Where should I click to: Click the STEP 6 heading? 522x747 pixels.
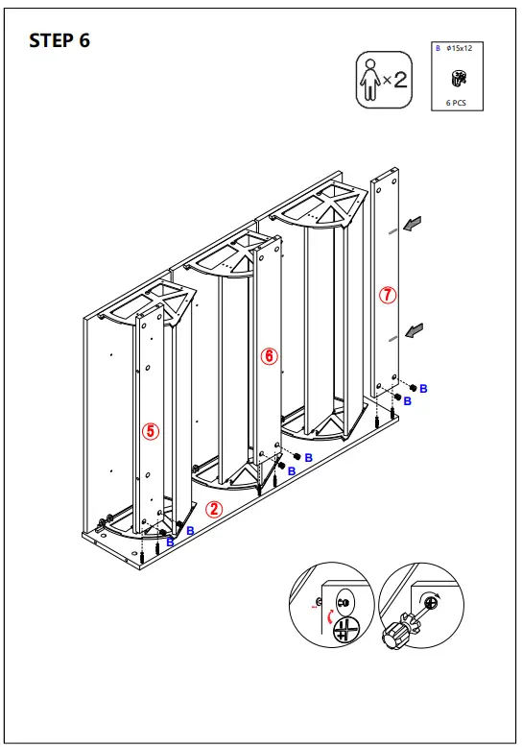coord(59,40)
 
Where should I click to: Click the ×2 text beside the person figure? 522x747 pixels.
coord(394,79)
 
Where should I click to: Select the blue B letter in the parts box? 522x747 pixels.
coord(438,47)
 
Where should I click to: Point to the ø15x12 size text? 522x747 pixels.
coord(461,47)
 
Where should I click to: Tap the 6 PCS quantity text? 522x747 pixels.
coord(456,101)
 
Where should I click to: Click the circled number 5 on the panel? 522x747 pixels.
coord(150,431)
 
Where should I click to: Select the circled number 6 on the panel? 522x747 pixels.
coord(270,356)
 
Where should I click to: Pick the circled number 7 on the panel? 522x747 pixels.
coord(388,296)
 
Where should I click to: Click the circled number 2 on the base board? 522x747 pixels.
coord(215,510)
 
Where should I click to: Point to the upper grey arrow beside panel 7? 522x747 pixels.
coord(414,225)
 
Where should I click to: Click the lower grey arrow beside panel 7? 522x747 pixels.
coord(414,331)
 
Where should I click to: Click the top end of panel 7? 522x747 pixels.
coord(386,177)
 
